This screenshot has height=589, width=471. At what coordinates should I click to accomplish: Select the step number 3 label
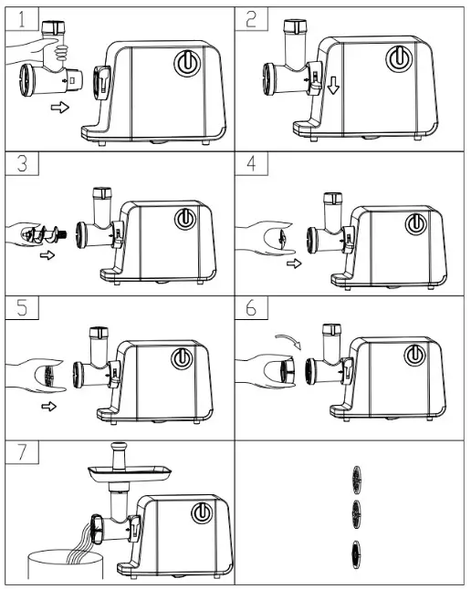[x=19, y=164]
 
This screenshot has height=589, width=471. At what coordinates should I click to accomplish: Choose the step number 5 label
[x=19, y=308]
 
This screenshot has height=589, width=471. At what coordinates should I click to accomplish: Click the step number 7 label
[x=19, y=452]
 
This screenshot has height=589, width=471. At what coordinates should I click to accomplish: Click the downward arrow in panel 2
[x=334, y=87]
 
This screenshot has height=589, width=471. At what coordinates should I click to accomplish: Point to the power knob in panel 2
[x=398, y=58]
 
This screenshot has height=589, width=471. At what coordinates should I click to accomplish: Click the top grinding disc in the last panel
[x=356, y=478]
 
